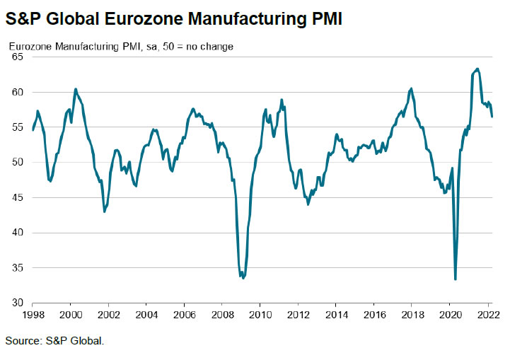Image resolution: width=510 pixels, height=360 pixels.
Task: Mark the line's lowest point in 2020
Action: point(455,279)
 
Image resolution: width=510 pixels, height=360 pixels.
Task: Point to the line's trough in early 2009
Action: point(243,278)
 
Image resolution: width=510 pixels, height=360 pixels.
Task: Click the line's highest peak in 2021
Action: point(477,69)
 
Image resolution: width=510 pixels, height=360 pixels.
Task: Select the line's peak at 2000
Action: point(76,89)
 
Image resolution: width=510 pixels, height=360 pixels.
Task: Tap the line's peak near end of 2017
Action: point(411,88)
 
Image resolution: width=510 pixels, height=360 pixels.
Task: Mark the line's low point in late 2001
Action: point(105,211)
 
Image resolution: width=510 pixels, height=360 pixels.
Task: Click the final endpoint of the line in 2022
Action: point(492,117)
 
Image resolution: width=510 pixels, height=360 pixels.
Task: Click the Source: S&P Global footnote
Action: point(54,341)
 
